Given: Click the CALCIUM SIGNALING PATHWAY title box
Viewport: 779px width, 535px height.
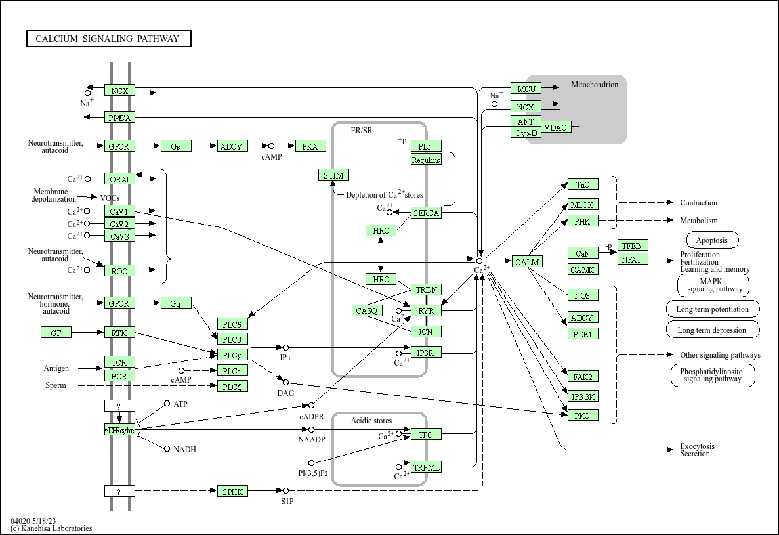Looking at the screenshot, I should tap(108, 39).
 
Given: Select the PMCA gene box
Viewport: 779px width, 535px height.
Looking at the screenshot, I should tap(119, 118).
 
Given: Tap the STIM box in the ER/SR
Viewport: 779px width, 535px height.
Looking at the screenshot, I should tap(333, 175).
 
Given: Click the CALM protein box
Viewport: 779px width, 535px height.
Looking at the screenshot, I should tap(526, 262).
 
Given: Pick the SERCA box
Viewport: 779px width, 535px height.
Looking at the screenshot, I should tap(426, 213).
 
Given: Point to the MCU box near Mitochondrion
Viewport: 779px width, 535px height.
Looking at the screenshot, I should tap(526, 89).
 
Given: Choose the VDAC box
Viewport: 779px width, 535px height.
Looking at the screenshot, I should tap(556, 127).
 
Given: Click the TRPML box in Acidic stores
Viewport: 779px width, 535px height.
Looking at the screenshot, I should tap(426, 467).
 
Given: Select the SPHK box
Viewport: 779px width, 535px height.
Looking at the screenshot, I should tap(232, 491).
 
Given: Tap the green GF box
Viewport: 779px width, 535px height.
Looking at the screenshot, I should tap(56, 333).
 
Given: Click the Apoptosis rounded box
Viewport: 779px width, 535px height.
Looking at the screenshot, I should tap(712, 240).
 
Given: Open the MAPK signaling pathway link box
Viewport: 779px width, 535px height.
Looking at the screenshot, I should tap(713, 286).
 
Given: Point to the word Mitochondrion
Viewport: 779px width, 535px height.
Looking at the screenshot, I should tap(594, 85).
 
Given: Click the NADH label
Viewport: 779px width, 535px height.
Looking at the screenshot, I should tap(184, 450).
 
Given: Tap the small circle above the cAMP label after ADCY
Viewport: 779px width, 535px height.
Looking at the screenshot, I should tap(271, 146).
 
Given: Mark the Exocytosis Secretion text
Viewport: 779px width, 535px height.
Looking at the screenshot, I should tap(697, 450).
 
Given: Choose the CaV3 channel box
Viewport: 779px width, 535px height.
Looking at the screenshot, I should tap(119, 236).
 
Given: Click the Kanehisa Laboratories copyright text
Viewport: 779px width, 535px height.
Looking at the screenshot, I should tap(51, 528).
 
